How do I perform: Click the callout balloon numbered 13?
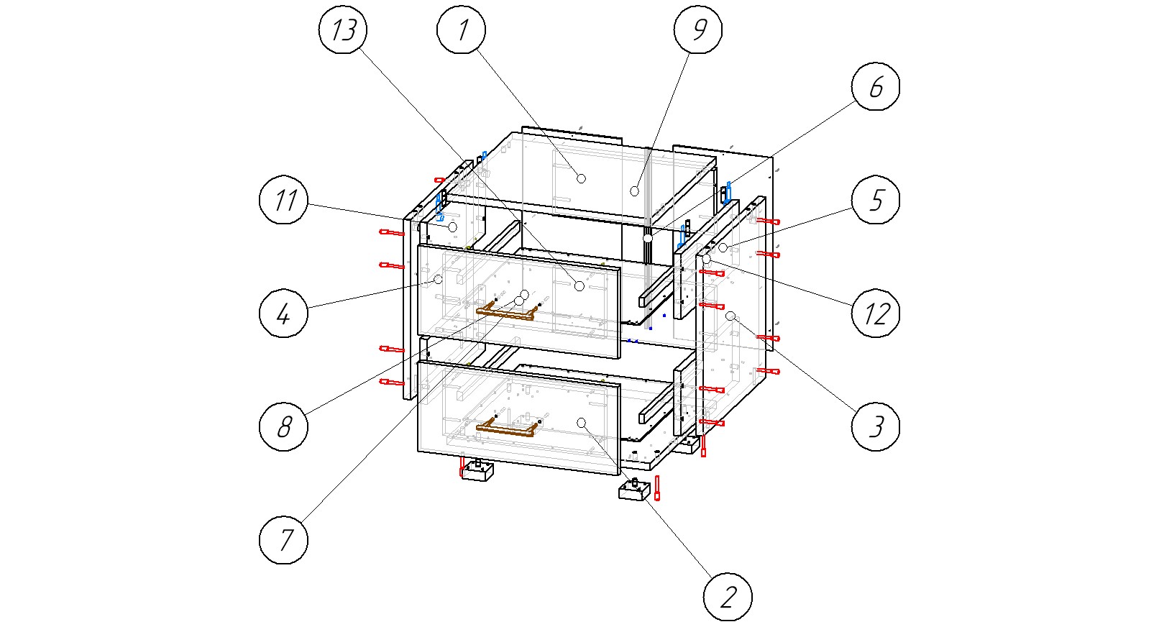tap(343, 29)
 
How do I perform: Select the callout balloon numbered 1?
tap(462, 29)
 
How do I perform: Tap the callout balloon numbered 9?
tap(698, 29)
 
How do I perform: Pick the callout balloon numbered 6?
tap(876, 86)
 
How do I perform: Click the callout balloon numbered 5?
tap(876, 200)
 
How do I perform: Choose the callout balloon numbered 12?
tap(876, 313)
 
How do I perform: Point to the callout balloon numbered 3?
tap(876, 426)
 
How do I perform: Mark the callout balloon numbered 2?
tap(728, 597)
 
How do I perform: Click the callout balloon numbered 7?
tap(283, 539)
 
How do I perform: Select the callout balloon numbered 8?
tap(283, 426)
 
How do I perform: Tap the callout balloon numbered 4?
tap(283, 313)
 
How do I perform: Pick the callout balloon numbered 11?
tap(283, 200)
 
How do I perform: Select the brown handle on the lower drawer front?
tap(508, 430)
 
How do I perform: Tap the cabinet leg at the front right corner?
tap(634, 491)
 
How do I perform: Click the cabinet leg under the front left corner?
tap(477, 471)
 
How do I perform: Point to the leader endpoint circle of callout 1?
tap(581, 178)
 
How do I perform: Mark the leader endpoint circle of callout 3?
tap(730, 316)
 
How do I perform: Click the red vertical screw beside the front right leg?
tap(657, 488)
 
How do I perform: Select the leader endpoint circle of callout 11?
tap(452, 226)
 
